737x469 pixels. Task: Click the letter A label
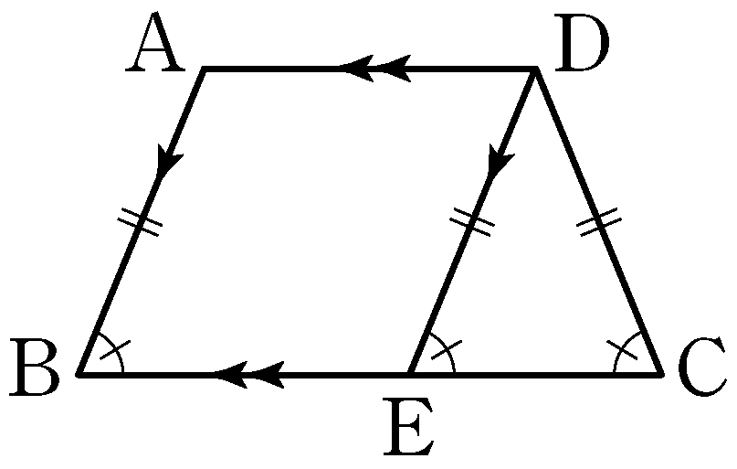pyautogui.click(x=155, y=48)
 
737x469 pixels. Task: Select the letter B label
pyautogui.click(x=35, y=370)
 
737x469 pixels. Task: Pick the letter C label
pyautogui.click(x=704, y=370)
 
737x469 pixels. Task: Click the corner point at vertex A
pyautogui.click(x=204, y=69)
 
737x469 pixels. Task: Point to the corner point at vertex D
pyautogui.click(x=535, y=69)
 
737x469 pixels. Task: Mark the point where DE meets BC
pyautogui.click(x=410, y=374)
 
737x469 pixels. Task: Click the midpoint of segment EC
pyautogui.click(x=536, y=374)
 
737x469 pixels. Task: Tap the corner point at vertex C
pyautogui.click(x=661, y=374)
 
